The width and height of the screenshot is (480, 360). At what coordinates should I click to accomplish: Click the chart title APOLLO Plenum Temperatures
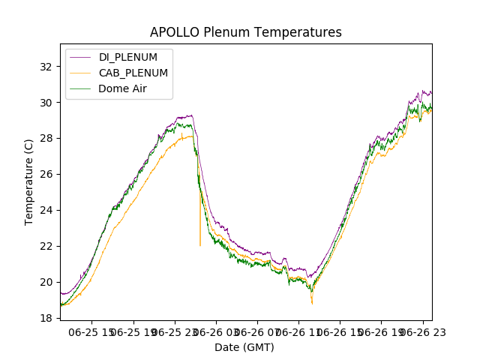(x=245, y=32)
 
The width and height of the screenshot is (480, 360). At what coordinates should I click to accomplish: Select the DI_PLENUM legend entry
(x=127, y=57)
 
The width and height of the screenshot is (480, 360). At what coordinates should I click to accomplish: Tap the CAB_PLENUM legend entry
(x=133, y=73)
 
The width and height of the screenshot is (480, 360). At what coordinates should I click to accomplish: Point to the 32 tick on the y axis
(x=46, y=66)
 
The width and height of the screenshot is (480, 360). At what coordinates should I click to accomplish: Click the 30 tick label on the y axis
(x=46, y=102)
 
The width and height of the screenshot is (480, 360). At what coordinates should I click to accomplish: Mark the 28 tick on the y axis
(x=46, y=138)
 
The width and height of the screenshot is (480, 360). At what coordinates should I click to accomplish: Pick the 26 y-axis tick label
(x=46, y=174)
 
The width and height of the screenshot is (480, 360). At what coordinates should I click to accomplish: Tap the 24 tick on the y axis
(x=46, y=210)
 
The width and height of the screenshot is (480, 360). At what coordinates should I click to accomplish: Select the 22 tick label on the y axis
(x=46, y=246)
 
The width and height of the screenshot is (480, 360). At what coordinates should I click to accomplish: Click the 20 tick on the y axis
(x=46, y=282)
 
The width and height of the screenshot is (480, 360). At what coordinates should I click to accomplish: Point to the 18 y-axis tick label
(x=46, y=318)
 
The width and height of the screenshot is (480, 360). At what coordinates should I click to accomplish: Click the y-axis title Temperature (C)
(x=29, y=181)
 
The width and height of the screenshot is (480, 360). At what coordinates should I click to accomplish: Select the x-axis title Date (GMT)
(x=244, y=347)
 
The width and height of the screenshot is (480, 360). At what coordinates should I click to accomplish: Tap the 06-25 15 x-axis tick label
(x=92, y=332)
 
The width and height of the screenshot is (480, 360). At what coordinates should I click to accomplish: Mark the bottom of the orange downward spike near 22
(x=200, y=245)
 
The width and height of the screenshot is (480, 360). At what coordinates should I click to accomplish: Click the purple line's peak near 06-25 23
(x=192, y=115)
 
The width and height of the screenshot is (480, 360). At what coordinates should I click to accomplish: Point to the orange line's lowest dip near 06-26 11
(x=312, y=303)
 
